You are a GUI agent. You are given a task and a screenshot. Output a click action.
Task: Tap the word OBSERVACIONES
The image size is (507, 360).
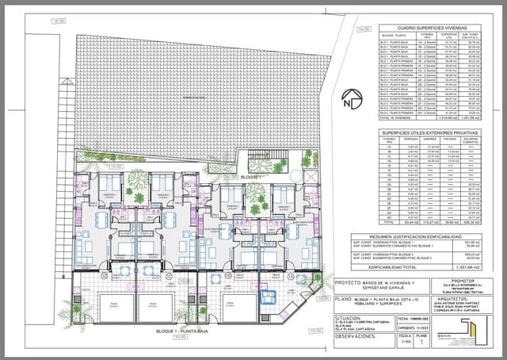(x=357, y=336)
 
